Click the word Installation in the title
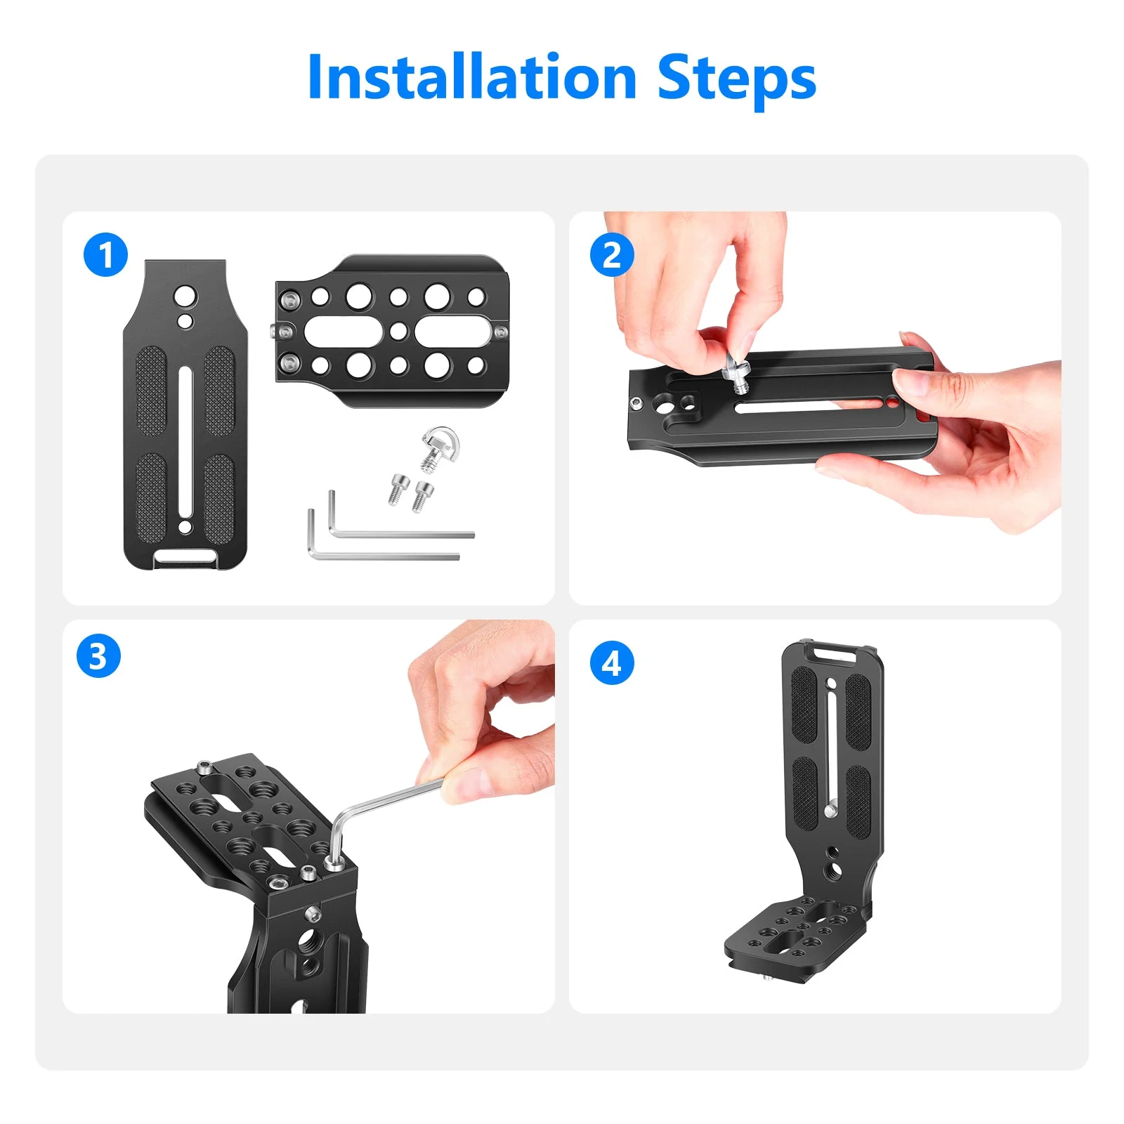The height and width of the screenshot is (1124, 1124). click(472, 77)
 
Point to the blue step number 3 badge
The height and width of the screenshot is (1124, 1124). click(98, 655)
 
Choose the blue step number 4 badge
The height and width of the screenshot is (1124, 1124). click(612, 663)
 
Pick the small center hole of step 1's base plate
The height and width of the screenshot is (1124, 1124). click(398, 330)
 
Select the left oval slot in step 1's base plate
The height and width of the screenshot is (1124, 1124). click(342, 331)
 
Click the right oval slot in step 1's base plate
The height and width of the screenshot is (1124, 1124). click(453, 331)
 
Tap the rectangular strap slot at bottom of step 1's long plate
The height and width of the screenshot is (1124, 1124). click(185, 556)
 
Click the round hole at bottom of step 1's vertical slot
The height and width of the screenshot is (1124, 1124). click(185, 527)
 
